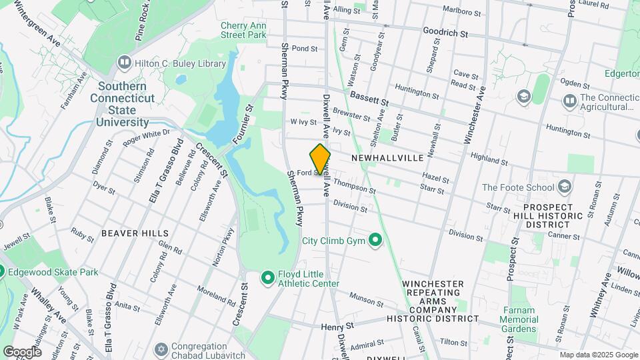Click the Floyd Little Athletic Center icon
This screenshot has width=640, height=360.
click(268, 277)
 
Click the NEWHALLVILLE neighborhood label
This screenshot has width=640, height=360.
click(387, 158)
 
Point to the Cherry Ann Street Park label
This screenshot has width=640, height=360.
click(243, 29)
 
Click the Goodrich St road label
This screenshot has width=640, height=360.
click(445, 32)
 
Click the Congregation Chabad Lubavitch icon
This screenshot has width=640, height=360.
click(161, 349)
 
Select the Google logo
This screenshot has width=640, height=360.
click(23, 351)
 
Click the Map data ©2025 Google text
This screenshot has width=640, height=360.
click(598, 355)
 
